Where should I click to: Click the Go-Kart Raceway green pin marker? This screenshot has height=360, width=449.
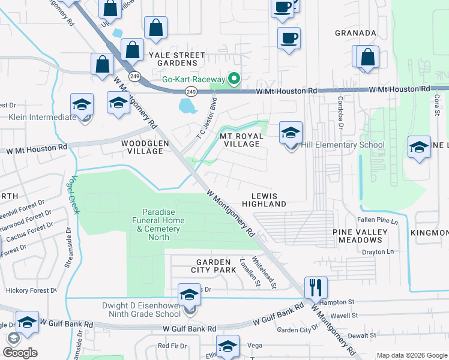pyautogui.click(x=235, y=79)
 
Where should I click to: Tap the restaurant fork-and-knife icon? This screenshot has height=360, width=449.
pyautogui.click(x=315, y=287)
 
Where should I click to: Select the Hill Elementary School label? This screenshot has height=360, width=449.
pyautogui.click(x=342, y=145)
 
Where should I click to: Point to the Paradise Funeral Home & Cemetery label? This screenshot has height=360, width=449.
pyautogui.click(x=163, y=224)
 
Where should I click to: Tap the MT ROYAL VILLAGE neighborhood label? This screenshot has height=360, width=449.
pyautogui.click(x=242, y=140)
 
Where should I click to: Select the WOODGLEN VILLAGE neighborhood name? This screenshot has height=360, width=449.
pyautogui.click(x=142, y=148)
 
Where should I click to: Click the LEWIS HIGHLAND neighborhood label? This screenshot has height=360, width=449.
pyautogui.click(x=264, y=200)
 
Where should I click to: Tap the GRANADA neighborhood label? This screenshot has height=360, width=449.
pyautogui.click(x=356, y=33)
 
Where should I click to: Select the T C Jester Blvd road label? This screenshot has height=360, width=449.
pyautogui.click(x=205, y=119)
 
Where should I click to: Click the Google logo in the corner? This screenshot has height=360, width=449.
pyautogui.click(x=20, y=353)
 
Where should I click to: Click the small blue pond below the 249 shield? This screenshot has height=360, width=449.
pyautogui.click(x=188, y=107)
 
